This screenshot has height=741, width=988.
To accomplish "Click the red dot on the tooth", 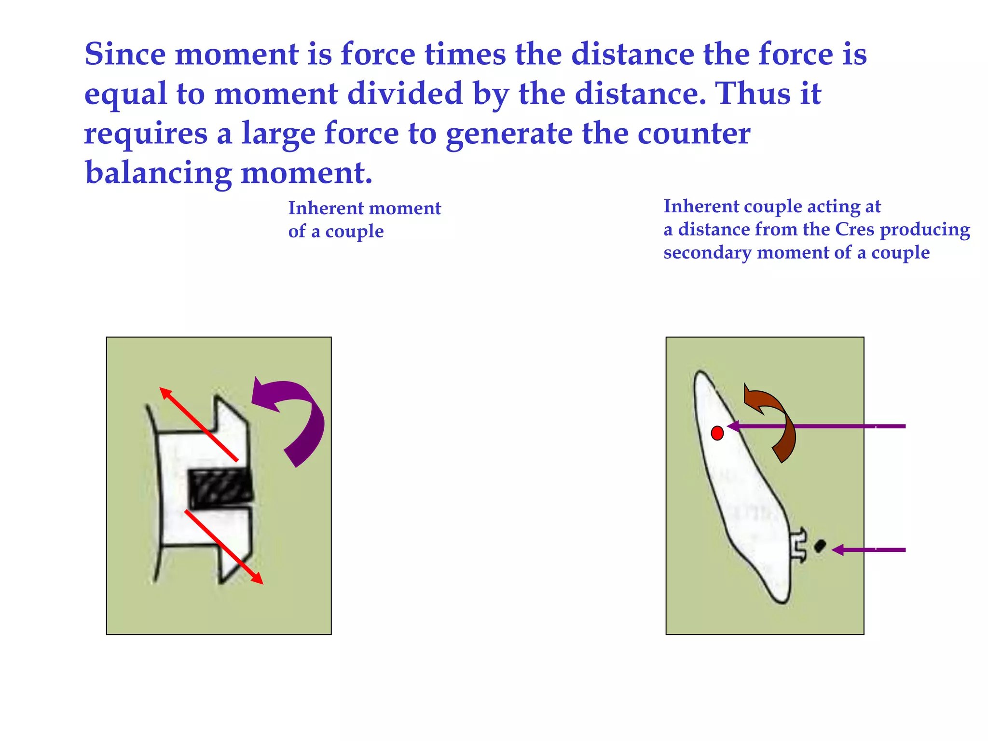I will pos(717,433).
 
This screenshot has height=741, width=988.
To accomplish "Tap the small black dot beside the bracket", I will pos(820,546).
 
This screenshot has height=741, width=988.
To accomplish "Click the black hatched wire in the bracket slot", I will pos(220,489).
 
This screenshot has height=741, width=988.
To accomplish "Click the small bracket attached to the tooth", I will pos(798,546).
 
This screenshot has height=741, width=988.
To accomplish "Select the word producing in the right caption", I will pos(925,230).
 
